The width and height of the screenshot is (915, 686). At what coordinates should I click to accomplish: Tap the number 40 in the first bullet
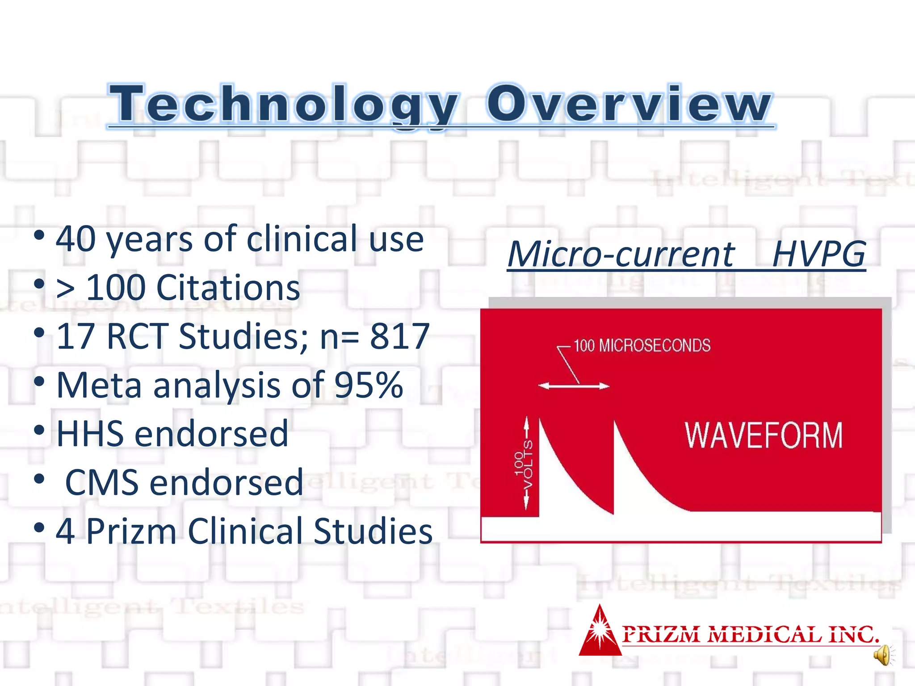pos(76,239)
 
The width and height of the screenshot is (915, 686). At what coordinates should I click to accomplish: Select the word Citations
pos(228,288)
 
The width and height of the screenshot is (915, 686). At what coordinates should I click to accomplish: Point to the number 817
pos(399,336)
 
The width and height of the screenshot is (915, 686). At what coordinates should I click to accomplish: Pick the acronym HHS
pos(90,434)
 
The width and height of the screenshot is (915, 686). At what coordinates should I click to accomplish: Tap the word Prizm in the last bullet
pos(131,531)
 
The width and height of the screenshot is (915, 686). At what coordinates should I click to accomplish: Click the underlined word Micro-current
pos(621,254)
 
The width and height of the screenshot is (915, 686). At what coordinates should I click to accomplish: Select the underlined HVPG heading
pos(818,254)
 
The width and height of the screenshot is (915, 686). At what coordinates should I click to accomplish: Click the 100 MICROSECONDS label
pos(642,346)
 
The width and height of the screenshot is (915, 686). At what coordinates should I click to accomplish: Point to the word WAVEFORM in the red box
pos(764,435)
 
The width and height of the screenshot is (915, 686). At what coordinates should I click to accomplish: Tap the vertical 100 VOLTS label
pos(524,464)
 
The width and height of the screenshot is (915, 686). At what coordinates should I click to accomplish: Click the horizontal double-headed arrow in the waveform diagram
pos(573,386)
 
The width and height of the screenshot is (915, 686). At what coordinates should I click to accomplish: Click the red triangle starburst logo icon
pos(600,632)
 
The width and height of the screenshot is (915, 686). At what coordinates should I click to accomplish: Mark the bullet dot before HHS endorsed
pos(39,430)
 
